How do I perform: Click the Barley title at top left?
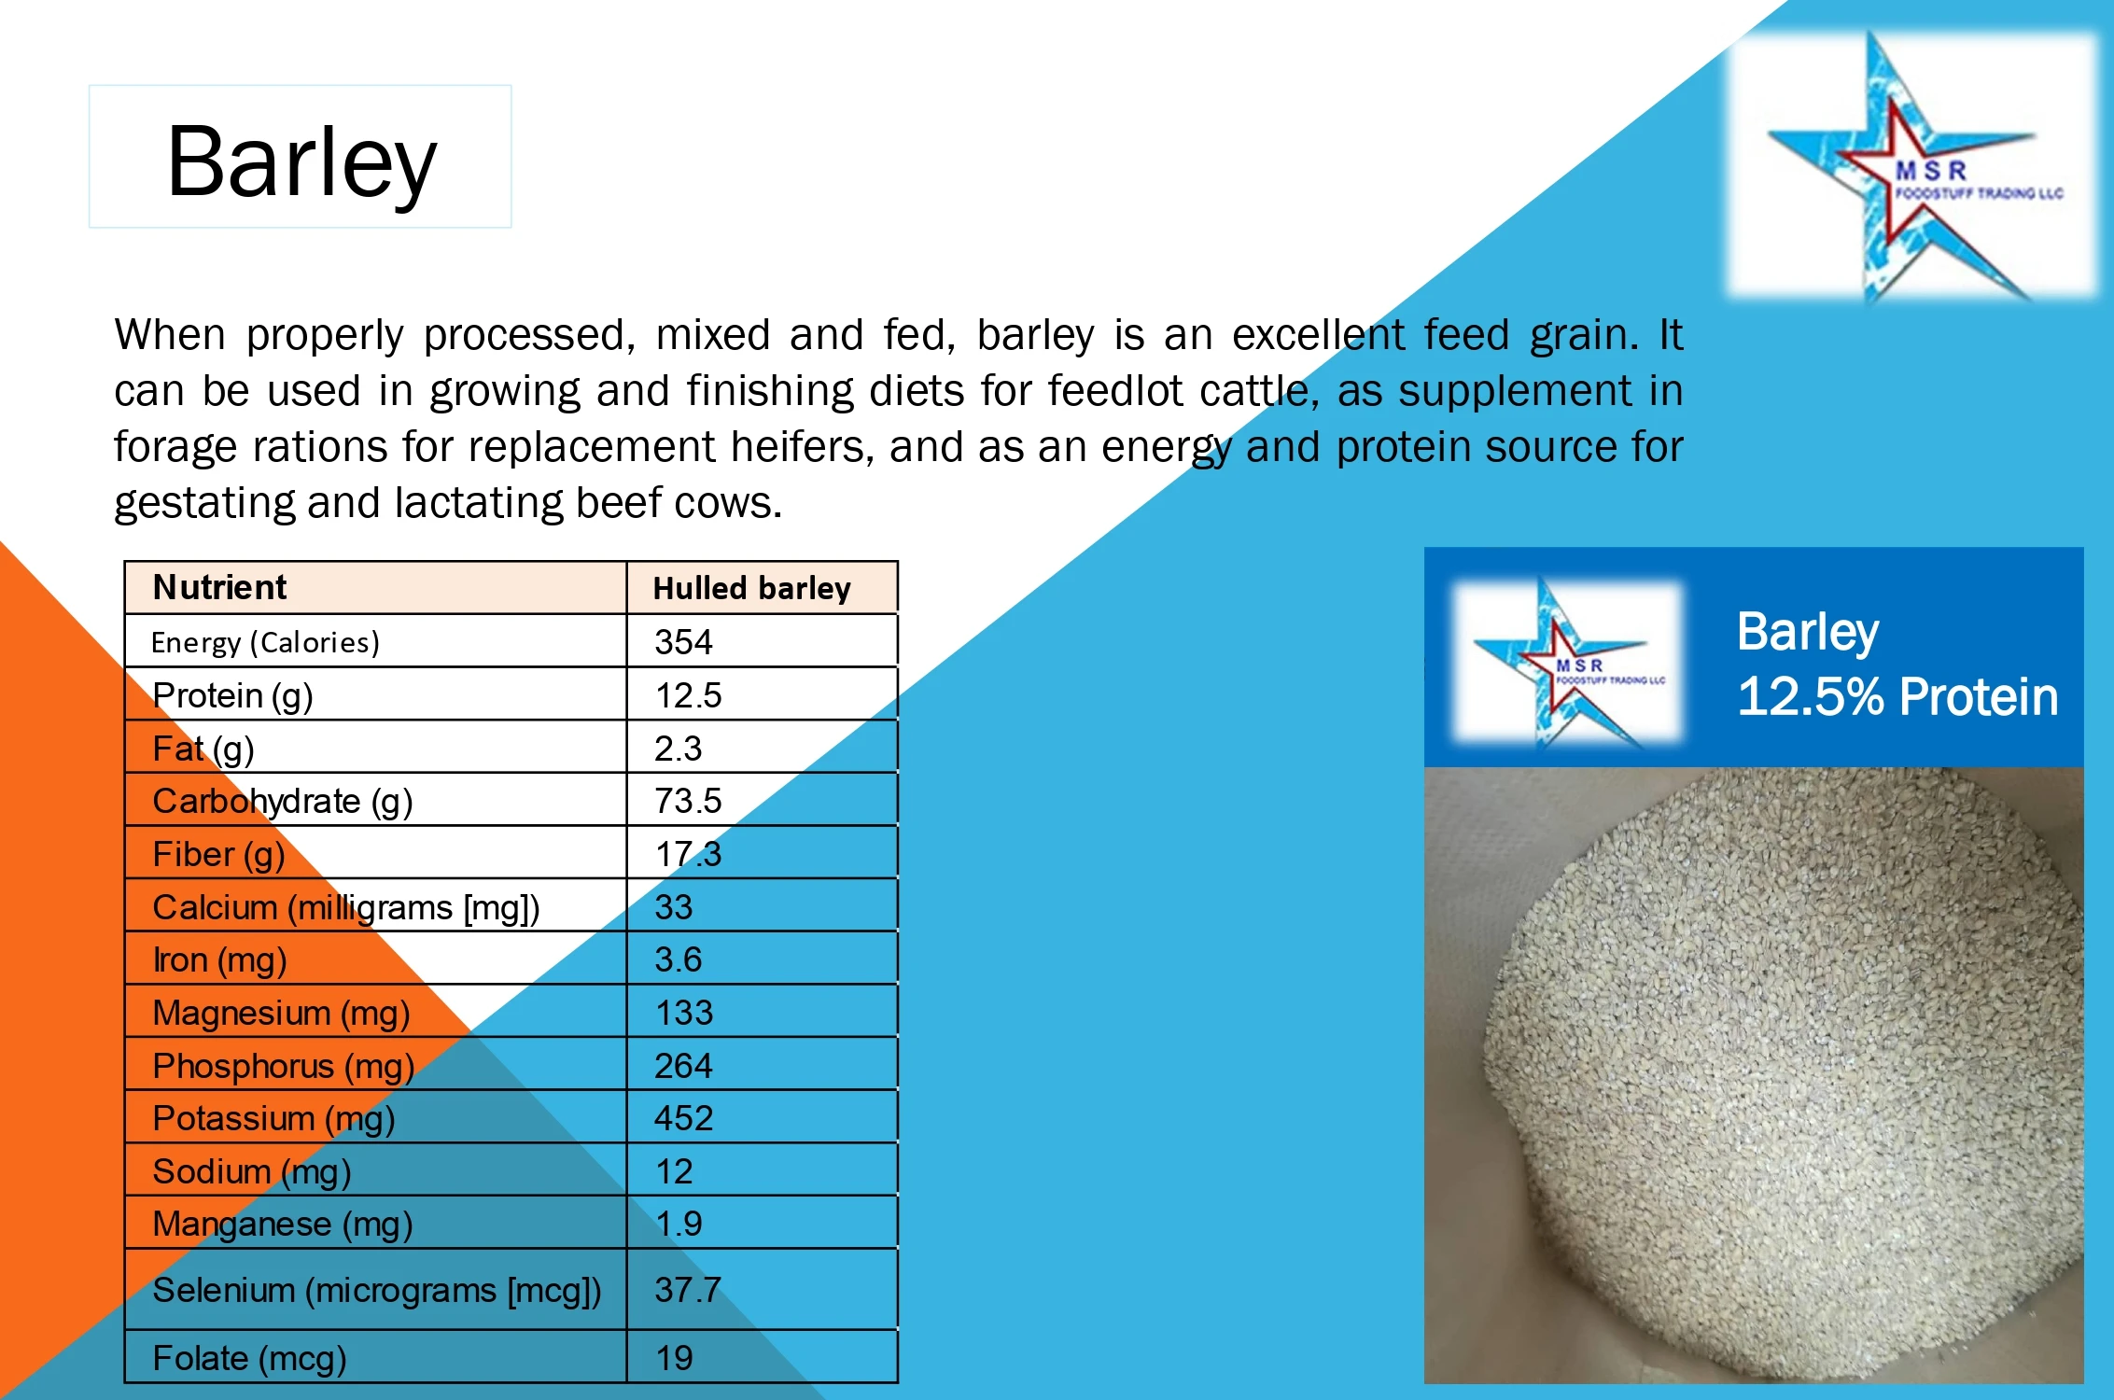pos(301,161)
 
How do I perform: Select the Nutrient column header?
pos(220,588)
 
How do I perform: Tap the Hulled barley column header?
pos(751,589)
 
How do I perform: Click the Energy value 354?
pos(683,642)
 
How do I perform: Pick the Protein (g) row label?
pos(232,696)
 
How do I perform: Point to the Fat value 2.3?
pos(678,749)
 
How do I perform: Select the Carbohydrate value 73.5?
pos(688,801)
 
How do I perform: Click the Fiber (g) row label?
pos(218,855)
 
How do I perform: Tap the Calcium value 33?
pos(673,907)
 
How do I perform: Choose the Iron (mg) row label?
pos(219,960)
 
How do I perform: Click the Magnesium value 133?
pos(683,1014)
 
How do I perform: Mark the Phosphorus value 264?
pos(682,1066)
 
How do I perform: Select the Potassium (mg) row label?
pos(273,1119)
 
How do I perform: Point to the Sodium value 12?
pos(673,1172)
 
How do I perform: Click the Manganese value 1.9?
pos(678,1225)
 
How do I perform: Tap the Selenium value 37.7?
pos(687,1291)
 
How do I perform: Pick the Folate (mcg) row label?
pos(249,1359)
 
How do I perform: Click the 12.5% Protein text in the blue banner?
pos(1897,696)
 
